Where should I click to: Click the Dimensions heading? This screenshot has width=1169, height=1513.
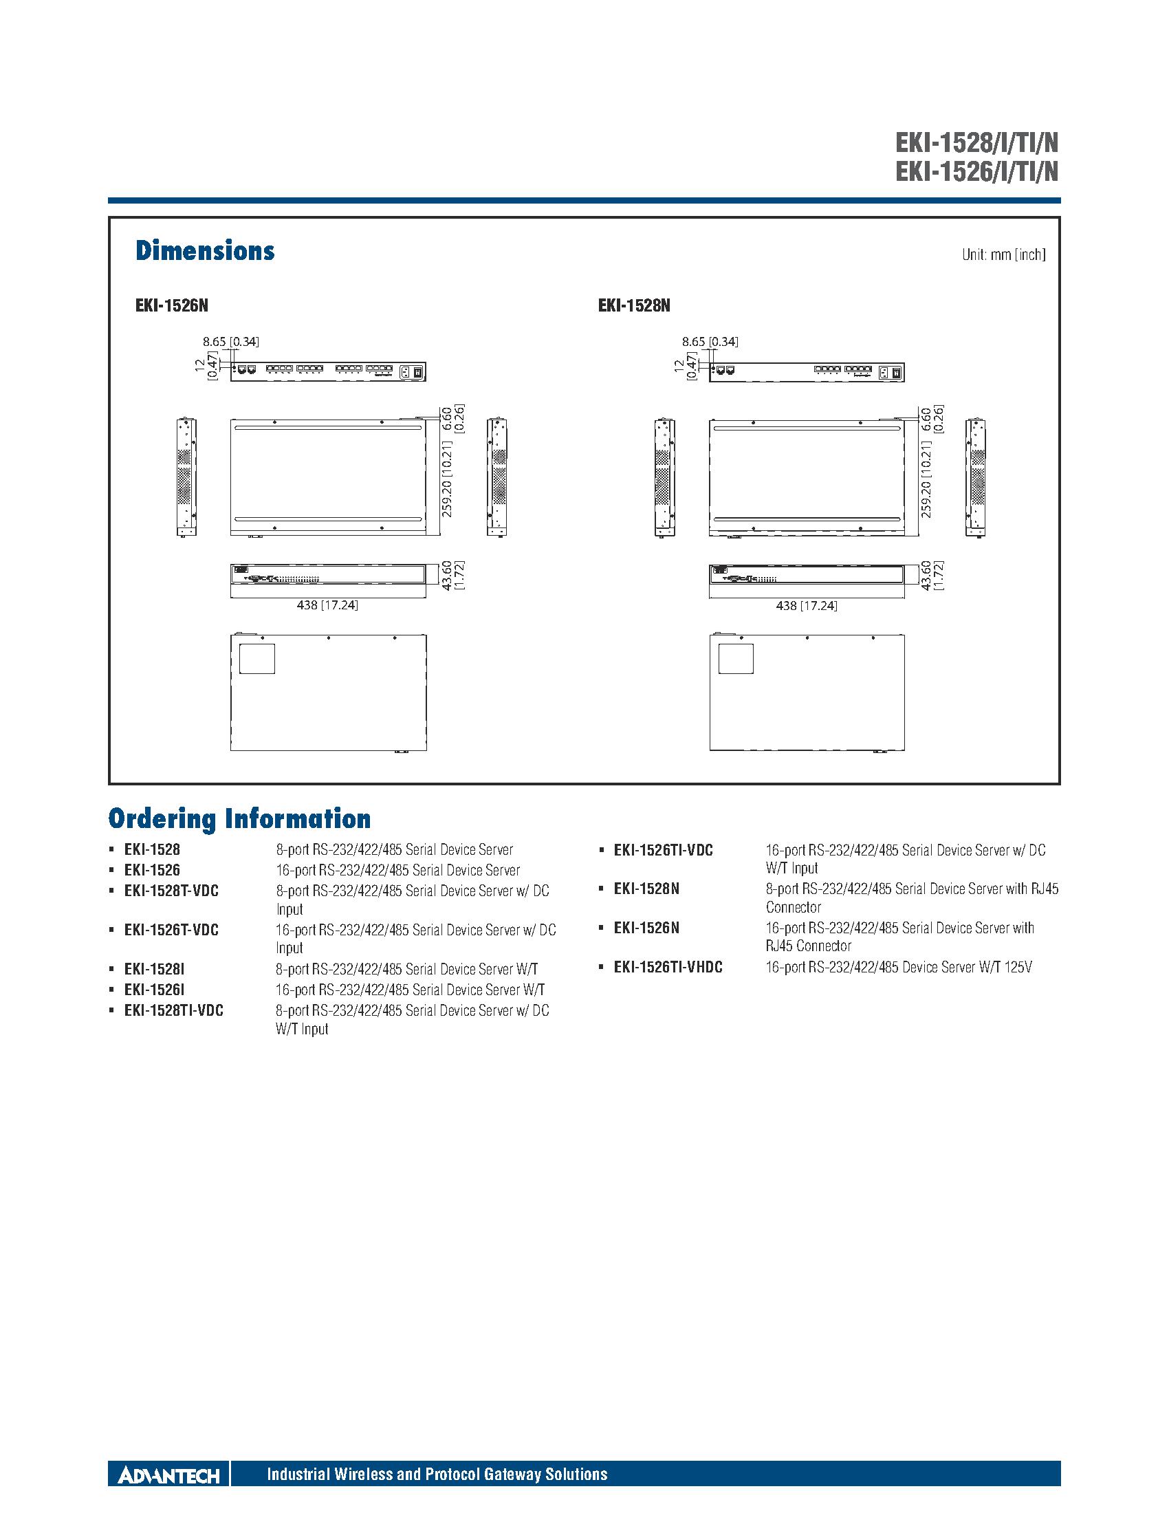point(205,251)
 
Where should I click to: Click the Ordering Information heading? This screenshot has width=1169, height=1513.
point(239,819)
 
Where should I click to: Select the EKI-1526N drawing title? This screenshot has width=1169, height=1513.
point(171,305)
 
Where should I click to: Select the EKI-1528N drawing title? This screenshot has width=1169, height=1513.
point(634,305)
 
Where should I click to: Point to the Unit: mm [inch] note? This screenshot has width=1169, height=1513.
point(1003,255)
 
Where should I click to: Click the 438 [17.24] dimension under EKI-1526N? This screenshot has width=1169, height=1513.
point(327,605)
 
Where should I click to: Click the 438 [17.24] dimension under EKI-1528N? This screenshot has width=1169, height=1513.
point(806,605)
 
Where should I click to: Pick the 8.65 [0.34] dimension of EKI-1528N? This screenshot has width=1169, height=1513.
point(710,342)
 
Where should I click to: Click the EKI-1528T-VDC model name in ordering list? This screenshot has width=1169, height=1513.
point(171,891)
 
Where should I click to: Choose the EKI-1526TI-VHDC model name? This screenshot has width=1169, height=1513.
point(668,967)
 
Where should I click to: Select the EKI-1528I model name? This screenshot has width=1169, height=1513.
point(154,969)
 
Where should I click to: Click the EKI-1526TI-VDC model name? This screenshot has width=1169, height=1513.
point(663,850)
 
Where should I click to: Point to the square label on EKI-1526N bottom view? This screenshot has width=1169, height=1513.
point(257,658)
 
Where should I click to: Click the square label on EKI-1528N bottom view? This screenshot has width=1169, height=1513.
point(736,658)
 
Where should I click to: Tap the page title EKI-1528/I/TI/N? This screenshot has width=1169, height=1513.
point(976,144)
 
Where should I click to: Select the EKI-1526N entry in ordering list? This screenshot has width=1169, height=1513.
point(646,928)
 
